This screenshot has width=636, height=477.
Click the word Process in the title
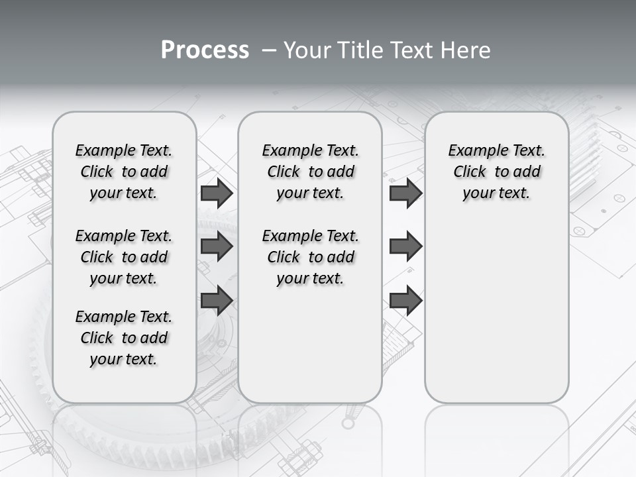[205, 50]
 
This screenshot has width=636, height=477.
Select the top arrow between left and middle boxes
[217, 193]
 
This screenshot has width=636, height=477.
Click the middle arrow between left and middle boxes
[217, 246]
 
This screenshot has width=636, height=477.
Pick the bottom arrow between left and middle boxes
[217, 301]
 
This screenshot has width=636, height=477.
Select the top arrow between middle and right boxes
[405, 193]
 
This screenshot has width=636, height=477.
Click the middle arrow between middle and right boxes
[405, 246]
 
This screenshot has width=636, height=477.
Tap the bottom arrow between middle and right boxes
[405, 301]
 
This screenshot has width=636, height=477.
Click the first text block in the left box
[124, 172]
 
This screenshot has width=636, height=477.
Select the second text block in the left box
[124, 257]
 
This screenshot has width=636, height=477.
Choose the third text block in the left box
[124, 338]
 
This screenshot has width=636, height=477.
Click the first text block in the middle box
[310, 172]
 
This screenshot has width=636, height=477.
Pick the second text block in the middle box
[310, 257]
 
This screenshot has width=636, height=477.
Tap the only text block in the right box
[496, 172]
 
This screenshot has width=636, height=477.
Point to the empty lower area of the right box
[496, 305]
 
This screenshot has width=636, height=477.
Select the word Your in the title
[306, 50]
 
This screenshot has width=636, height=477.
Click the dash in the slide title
[269, 50]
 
